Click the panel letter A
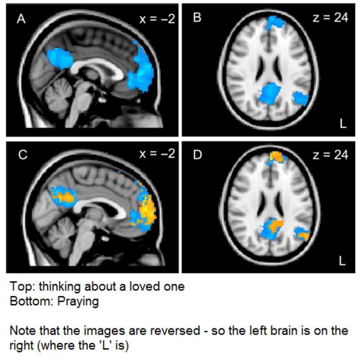click(21, 19)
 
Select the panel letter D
click(197, 154)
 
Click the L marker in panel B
click(342, 125)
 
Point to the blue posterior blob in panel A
click(58, 57)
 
